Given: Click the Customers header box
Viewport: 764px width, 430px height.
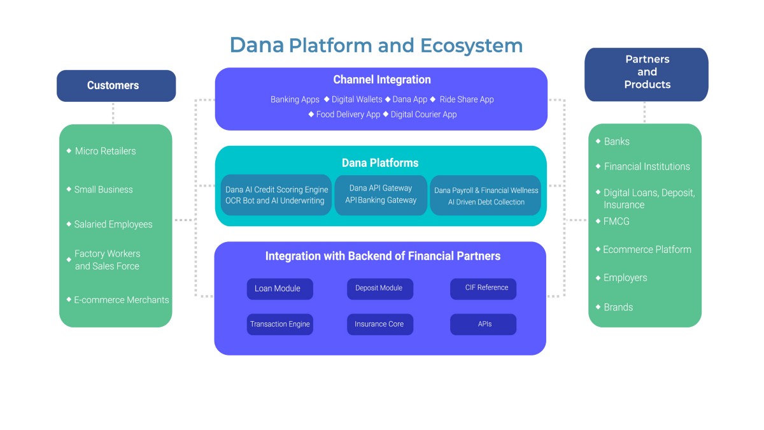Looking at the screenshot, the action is [x=116, y=85].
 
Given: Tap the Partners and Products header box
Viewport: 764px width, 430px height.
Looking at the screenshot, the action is [x=646, y=75].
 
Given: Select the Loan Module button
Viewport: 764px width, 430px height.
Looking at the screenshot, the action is [x=279, y=289].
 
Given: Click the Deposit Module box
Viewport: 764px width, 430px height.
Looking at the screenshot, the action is [x=380, y=289].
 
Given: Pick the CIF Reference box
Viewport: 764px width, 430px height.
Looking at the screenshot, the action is [x=483, y=289].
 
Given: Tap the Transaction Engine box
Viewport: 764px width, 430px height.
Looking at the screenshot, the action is [x=279, y=324].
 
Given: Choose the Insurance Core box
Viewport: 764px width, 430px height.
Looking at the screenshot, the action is [x=380, y=324].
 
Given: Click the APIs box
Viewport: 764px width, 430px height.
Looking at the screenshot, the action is [x=483, y=324].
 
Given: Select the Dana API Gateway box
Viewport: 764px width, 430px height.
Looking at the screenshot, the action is [x=381, y=195].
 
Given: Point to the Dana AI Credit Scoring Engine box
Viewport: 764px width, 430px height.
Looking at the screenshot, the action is [x=276, y=195].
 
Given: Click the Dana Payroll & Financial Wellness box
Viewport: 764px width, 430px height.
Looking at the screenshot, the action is [x=485, y=195].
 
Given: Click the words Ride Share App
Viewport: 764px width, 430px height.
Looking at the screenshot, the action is [x=467, y=99].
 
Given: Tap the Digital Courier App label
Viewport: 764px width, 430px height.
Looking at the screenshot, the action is [x=423, y=114].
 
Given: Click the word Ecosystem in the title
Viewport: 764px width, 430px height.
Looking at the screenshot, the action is [x=471, y=46].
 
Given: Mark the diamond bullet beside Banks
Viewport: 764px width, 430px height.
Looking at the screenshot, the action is [x=598, y=141].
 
